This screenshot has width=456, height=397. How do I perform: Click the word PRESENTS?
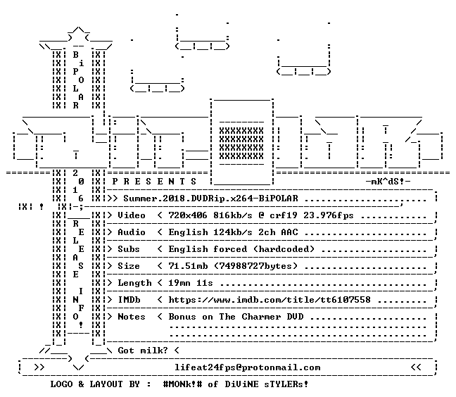154,182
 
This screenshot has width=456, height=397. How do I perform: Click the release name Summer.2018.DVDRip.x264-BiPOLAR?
211,198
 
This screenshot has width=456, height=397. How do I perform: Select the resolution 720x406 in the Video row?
188,215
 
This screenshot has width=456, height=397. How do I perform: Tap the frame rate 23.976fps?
329,215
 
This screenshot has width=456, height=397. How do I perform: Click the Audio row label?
132,232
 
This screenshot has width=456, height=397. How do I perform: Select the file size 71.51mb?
188,266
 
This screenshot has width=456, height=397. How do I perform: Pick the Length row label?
134,283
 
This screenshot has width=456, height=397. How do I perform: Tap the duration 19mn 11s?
191,283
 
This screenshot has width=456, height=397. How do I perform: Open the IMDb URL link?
270,300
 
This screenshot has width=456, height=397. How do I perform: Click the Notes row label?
132,317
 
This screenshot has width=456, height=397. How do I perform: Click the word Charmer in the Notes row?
261,317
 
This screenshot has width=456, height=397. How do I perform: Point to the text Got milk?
143,350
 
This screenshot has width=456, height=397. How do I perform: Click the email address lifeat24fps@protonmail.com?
248,367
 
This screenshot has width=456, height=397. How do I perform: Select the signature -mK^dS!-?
388,182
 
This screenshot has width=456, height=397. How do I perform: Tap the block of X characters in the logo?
241,144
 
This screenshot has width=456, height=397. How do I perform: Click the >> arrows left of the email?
39,367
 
